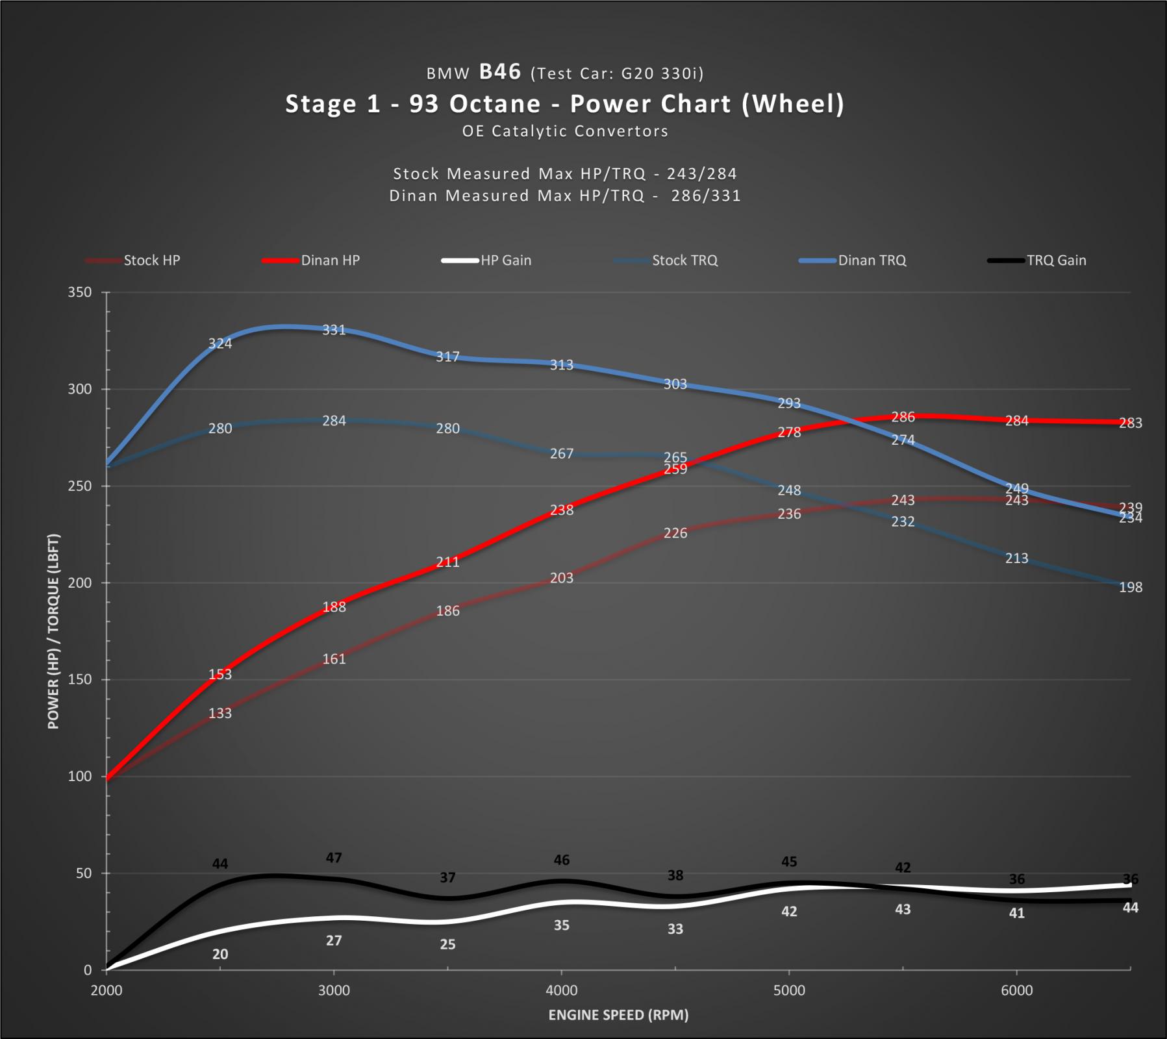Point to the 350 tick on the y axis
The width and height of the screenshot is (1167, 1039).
pos(80,292)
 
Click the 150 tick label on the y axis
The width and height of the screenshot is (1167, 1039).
pos(80,679)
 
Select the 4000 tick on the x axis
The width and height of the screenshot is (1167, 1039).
pos(561,990)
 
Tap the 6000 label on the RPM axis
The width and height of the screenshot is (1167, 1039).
pos(1016,990)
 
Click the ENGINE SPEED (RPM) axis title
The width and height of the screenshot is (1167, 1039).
pos(618,1015)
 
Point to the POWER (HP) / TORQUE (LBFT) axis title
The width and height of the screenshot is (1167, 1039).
pos(53,631)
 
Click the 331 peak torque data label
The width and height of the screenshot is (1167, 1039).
pos(334,330)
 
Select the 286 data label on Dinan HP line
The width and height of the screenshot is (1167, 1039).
pos(903,417)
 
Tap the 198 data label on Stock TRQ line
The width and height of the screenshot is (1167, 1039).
pos(1130,587)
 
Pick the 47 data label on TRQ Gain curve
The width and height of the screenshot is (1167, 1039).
pos(334,858)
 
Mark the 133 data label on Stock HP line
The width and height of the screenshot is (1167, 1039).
pos(220,713)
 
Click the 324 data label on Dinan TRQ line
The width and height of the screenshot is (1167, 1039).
pos(220,344)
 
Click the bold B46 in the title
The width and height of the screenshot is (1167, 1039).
pos(500,71)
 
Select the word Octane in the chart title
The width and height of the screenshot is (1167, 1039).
pos(495,104)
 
